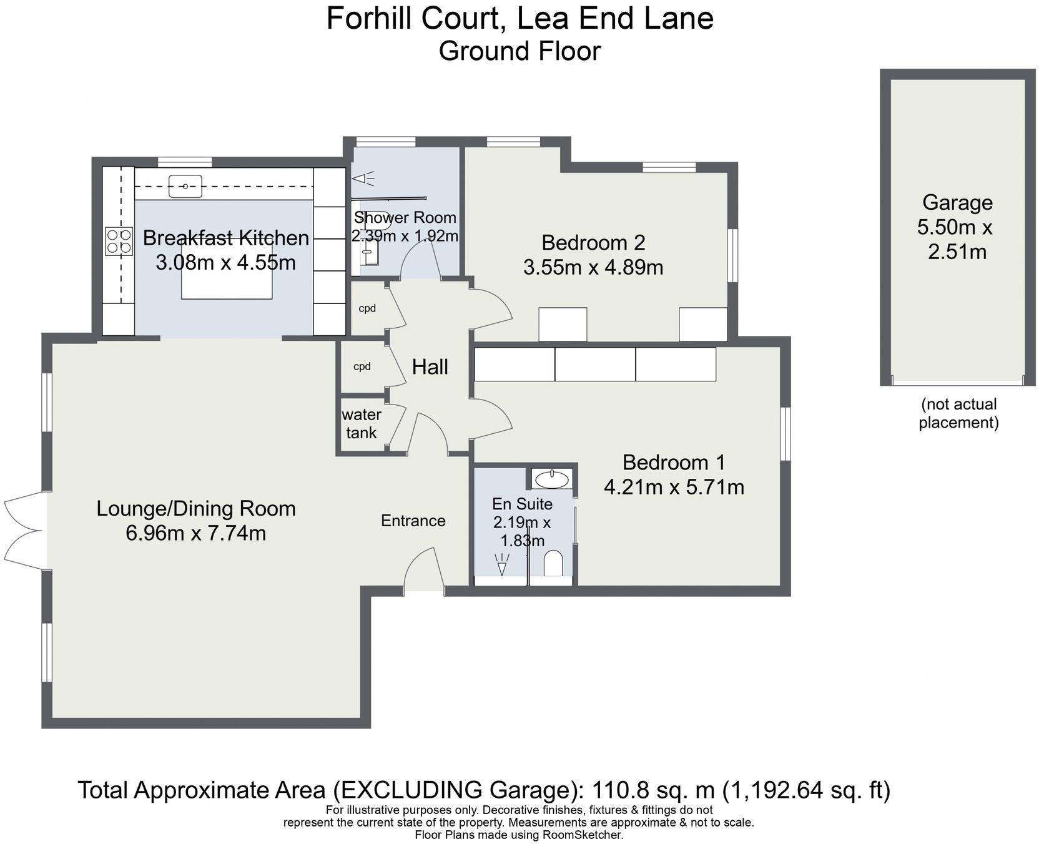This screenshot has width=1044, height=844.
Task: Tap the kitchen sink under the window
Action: (x=185, y=186)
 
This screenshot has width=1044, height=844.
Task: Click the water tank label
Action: (x=362, y=424)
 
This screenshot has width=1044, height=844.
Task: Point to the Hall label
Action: (x=430, y=367)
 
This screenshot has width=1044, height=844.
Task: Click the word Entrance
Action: (x=413, y=521)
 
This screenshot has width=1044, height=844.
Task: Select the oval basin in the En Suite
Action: (x=553, y=479)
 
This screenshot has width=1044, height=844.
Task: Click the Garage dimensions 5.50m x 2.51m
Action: (x=955, y=240)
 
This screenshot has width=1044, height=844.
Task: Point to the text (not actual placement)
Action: (x=958, y=413)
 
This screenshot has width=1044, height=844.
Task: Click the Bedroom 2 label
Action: (x=593, y=242)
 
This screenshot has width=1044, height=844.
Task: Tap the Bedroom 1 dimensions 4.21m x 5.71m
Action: (x=674, y=487)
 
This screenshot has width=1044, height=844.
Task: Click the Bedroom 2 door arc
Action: (x=491, y=307)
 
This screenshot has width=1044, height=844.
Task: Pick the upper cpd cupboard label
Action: (x=367, y=308)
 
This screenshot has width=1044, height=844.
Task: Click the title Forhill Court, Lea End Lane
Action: (x=520, y=18)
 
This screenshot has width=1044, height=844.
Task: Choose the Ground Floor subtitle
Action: (x=520, y=51)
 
